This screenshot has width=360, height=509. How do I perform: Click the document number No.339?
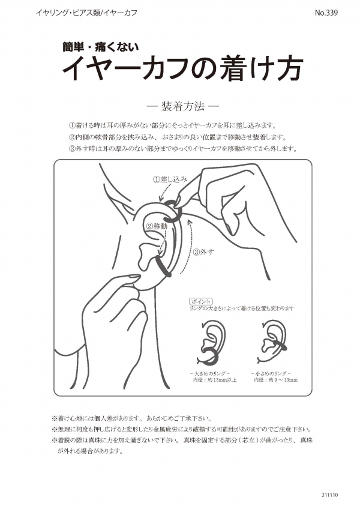[x=326, y=13]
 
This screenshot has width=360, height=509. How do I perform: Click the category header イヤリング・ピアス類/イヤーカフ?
[x=86, y=13]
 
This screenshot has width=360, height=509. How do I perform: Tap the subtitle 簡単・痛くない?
[x=101, y=47]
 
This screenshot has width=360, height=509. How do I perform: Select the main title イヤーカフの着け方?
[x=183, y=68]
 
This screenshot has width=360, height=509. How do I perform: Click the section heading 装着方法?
[x=182, y=106]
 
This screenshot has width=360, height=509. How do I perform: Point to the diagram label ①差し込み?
[x=170, y=179]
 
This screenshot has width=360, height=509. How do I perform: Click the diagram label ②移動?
[x=157, y=226]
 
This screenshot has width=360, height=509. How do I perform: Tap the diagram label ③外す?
[x=203, y=251]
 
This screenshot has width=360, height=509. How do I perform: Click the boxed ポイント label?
[x=201, y=301]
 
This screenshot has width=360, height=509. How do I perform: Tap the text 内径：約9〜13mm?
[x=275, y=380]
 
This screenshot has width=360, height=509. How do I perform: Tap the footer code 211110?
[x=330, y=495]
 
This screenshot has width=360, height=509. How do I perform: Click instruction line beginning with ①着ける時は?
[x=172, y=125]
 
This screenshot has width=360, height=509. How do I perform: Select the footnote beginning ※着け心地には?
[x=132, y=418]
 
